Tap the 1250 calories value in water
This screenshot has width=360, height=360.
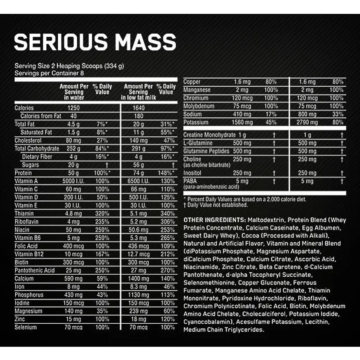click(x=74, y=108)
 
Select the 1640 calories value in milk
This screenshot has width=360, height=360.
click(x=138, y=108)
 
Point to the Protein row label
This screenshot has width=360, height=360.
click(x=23, y=173)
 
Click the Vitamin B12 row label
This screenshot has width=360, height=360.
click(x=29, y=254)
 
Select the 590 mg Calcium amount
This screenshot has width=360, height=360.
click(x=74, y=278)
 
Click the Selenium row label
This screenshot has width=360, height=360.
click(x=26, y=327)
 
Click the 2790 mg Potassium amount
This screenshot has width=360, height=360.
click(x=307, y=122)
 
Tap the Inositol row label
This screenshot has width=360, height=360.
click(x=192, y=173)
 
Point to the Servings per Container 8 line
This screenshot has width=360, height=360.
click(x=49, y=72)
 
